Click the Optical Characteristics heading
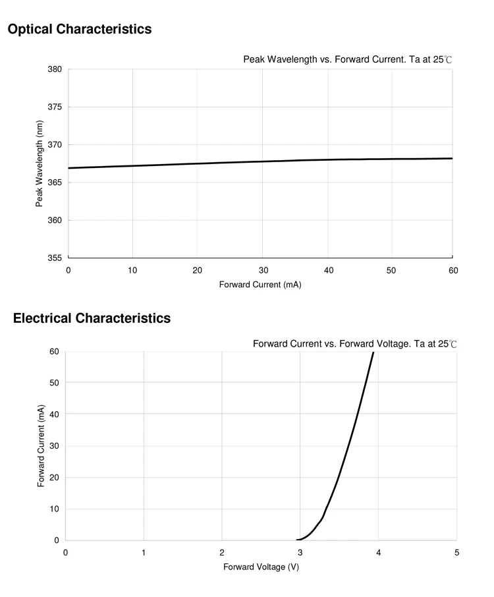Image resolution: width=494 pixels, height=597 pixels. [80, 29]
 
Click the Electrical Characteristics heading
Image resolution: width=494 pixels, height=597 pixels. [92, 318]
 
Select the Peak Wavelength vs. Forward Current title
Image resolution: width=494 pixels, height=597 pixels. [348, 59]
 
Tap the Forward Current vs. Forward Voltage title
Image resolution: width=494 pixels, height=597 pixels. [354, 344]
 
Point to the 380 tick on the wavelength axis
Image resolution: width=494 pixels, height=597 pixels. [55, 69]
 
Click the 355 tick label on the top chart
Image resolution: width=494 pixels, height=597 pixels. [55, 258]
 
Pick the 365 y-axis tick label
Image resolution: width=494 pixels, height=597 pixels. [55, 183]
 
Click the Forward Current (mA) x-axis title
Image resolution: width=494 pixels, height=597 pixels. [260, 285]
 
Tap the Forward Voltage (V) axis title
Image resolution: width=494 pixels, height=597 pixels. [261, 567]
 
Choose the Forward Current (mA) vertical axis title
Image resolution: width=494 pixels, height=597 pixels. [41, 447]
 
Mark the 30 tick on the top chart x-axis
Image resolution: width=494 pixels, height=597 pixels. [262, 270]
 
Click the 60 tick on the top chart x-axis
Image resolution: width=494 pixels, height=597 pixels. [453, 270]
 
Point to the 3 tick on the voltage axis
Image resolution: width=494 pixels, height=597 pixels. [300, 552]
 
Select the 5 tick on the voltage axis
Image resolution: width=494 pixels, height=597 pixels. [456, 552]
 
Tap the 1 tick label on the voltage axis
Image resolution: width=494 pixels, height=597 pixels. [144, 552]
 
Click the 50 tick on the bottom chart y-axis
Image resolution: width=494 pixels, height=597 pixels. [55, 383]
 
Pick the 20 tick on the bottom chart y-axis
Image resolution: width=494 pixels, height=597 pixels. [55, 477]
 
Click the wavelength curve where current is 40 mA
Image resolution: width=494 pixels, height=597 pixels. [327, 159]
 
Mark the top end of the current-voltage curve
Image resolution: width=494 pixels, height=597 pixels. [373, 353]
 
